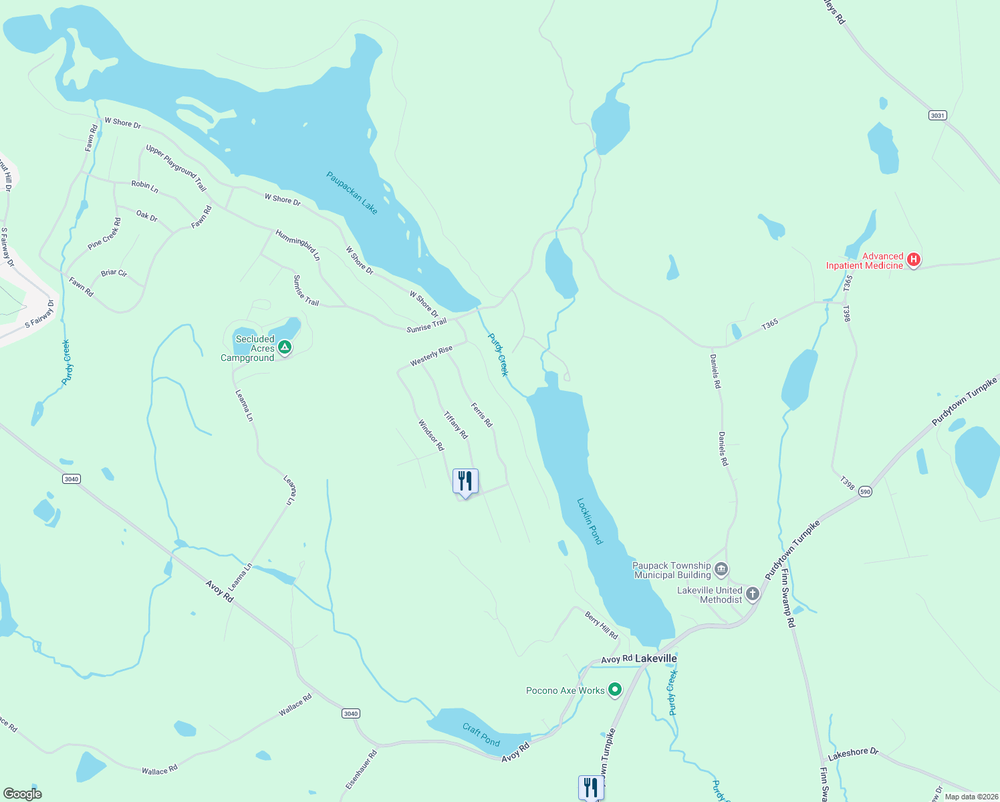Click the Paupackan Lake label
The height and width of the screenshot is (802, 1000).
(352, 193)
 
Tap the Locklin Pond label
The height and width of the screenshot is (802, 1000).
(590, 521)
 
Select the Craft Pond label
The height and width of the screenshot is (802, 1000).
(481, 734)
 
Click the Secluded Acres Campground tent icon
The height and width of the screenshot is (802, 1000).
(285, 347)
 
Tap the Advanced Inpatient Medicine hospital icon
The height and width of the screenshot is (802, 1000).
(914, 260)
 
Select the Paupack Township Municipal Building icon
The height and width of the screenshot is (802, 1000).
(721, 569)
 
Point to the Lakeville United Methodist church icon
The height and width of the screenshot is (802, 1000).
(753, 593)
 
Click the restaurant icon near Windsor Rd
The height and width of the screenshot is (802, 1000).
(465, 481)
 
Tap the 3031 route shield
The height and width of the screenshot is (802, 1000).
(938, 116)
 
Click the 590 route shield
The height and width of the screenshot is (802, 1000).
(865, 491)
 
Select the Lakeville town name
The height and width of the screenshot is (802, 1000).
(655, 658)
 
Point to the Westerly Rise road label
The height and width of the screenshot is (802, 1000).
(431, 356)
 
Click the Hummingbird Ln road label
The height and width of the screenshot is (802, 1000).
(298, 245)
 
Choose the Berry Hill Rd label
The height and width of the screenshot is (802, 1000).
(601, 626)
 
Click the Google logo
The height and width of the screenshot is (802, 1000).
(23, 793)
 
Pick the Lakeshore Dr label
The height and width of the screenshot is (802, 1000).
(853, 754)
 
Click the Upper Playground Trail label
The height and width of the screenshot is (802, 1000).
(176, 168)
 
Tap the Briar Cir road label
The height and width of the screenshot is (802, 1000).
(114, 273)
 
